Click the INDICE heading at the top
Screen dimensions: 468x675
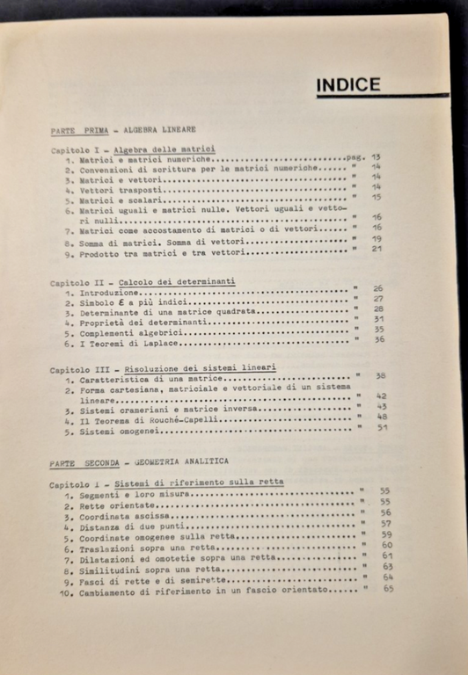pos(348,85)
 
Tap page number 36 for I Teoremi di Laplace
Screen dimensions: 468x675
pos(380,339)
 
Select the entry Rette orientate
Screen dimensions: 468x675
pos(115,506)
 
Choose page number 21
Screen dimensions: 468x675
pos(377,249)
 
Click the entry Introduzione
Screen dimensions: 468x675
pos(109,292)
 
